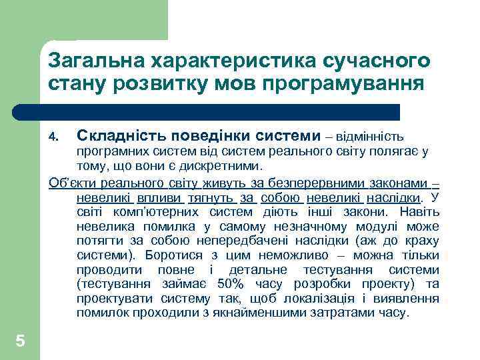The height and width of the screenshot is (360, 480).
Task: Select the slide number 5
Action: pyautogui.click(x=20, y=341)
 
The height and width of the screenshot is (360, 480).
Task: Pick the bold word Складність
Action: pyautogui.click(x=117, y=136)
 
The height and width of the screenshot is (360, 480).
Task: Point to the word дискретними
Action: pyautogui.click(x=229, y=165)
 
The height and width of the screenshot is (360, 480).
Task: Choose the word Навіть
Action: pyautogui.click(x=421, y=212)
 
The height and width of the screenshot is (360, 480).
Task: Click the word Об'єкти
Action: pyautogui.click(x=69, y=183)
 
